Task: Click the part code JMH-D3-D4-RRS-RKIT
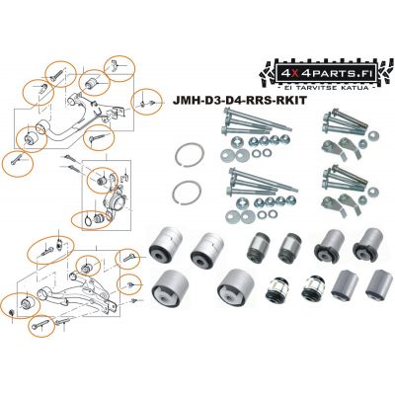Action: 239,101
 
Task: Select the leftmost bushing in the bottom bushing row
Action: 170,286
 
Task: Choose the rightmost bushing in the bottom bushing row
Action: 379,283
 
